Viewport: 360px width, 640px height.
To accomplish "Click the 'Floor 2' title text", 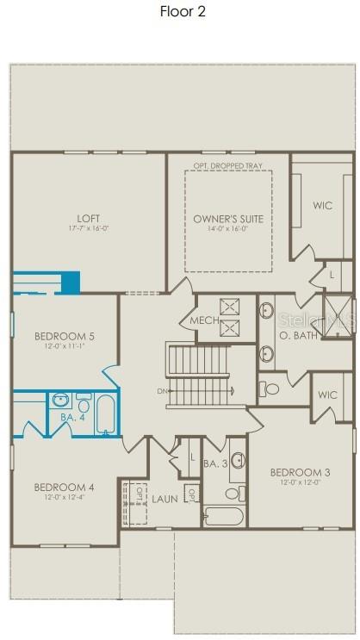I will coord(182,12).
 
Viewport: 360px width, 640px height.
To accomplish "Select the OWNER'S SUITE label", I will coord(227,219).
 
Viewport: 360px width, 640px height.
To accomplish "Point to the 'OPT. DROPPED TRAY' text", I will coord(228,165).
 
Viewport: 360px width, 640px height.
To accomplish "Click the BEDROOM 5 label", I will coord(63,335).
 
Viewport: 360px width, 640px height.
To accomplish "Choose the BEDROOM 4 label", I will coord(63,487).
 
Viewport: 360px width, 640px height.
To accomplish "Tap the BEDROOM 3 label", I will coord(299,471).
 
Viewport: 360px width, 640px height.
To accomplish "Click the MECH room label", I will coord(192,321).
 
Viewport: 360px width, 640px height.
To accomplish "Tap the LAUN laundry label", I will coord(164,499).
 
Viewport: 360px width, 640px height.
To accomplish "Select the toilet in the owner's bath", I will coord(271,388).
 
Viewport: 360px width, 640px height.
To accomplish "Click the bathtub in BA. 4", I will coord(104,415).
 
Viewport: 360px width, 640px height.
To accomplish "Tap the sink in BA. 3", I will coord(237,459).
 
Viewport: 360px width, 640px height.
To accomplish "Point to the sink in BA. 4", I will coord(60,401).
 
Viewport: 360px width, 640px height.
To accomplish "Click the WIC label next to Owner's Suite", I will coord(323,205).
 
